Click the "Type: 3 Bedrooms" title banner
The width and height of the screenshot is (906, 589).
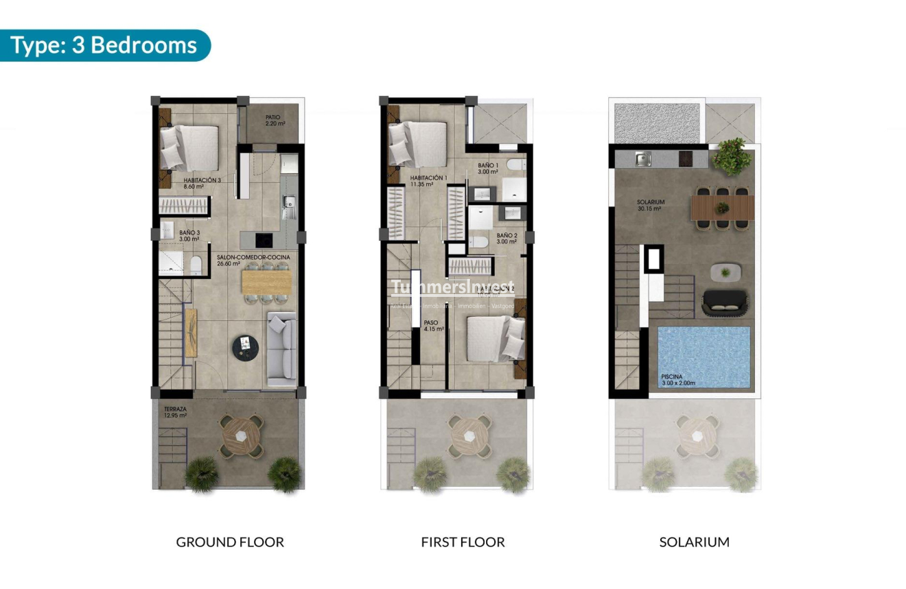[x=104, y=45]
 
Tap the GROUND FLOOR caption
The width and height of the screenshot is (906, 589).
[x=230, y=542]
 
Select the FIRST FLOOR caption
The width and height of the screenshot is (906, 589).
[x=463, y=542]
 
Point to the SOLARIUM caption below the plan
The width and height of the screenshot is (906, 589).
[x=694, y=542]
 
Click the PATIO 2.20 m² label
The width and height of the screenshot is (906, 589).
[x=275, y=121]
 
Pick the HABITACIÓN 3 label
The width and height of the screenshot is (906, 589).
[x=202, y=183]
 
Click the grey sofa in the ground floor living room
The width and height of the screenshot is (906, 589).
[x=281, y=348]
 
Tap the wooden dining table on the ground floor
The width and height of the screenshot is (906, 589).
[x=266, y=282]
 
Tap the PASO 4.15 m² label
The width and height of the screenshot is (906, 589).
[x=433, y=326]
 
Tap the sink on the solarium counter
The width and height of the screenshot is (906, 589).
[x=643, y=160]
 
